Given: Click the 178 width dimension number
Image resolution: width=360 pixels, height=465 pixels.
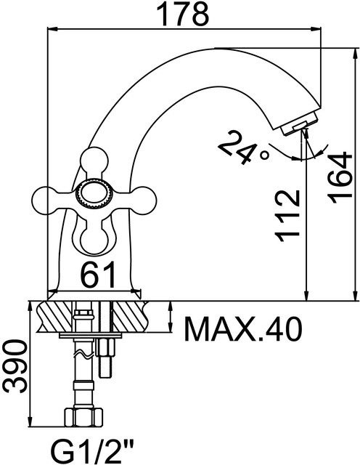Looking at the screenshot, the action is tap(182, 15).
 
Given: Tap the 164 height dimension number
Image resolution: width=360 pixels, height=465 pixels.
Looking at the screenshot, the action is tap(340, 178).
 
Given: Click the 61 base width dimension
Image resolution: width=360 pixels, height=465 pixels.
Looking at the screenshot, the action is tap(98, 275).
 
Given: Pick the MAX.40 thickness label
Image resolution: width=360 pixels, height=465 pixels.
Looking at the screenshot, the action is tap(243, 329).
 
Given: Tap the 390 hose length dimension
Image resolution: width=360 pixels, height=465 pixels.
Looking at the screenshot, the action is tap(15, 366).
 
